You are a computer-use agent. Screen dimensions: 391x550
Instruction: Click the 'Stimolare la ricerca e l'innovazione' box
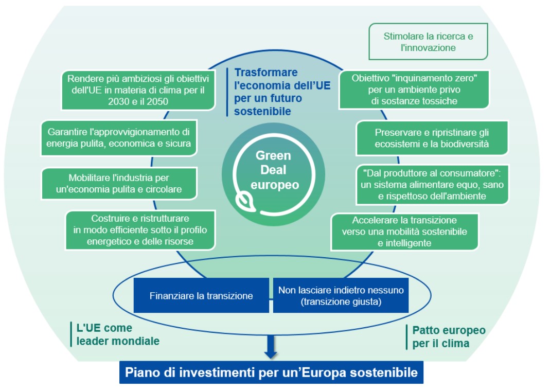(x=428, y=42)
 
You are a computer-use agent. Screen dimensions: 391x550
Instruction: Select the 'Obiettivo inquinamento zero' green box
(x=414, y=90)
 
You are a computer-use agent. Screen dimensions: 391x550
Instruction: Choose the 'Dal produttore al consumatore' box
(x=432, y=184)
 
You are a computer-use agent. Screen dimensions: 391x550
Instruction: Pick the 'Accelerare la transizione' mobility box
(x=404, y=232)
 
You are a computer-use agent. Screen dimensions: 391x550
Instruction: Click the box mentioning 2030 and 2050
(x=138, y=90)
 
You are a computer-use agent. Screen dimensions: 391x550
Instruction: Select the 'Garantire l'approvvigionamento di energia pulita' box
(x=118, y=137)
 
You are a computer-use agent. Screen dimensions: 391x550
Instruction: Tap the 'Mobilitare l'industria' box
(x=118, y=184)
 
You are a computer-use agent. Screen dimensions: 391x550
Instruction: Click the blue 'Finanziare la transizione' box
(x=201, y=296)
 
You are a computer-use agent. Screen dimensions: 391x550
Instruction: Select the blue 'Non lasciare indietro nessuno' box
(x=341, y=296)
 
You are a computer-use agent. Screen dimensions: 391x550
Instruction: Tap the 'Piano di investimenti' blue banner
(x=271, y=372)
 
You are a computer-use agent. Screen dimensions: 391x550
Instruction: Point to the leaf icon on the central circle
(x=241, y=201)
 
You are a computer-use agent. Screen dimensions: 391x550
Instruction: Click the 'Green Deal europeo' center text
(x=273, y=170)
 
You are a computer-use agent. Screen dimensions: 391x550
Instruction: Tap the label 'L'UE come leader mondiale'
(x=118, y=334)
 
